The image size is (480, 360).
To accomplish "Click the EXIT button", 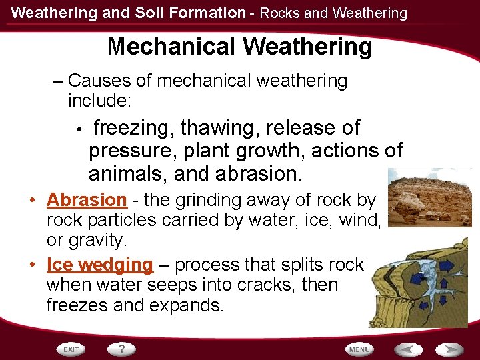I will pyautogui.click(x=71, y=349).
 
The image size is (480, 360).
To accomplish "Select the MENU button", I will pyautogui.click(x=359, y=349).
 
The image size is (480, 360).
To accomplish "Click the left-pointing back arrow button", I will pyautogui.click(x=407, y=349).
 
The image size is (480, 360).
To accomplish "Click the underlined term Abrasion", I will pyautogui.click(x=87, y=200).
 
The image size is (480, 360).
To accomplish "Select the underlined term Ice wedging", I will pyautogui.click(x=100, y=265).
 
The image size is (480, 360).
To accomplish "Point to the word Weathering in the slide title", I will pyautogui.click(x=308, y=47).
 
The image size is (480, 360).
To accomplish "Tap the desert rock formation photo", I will pyautogui.click(x=430, y=198).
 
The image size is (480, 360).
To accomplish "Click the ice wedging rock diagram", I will pyautogui.click(x=418, y=287).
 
